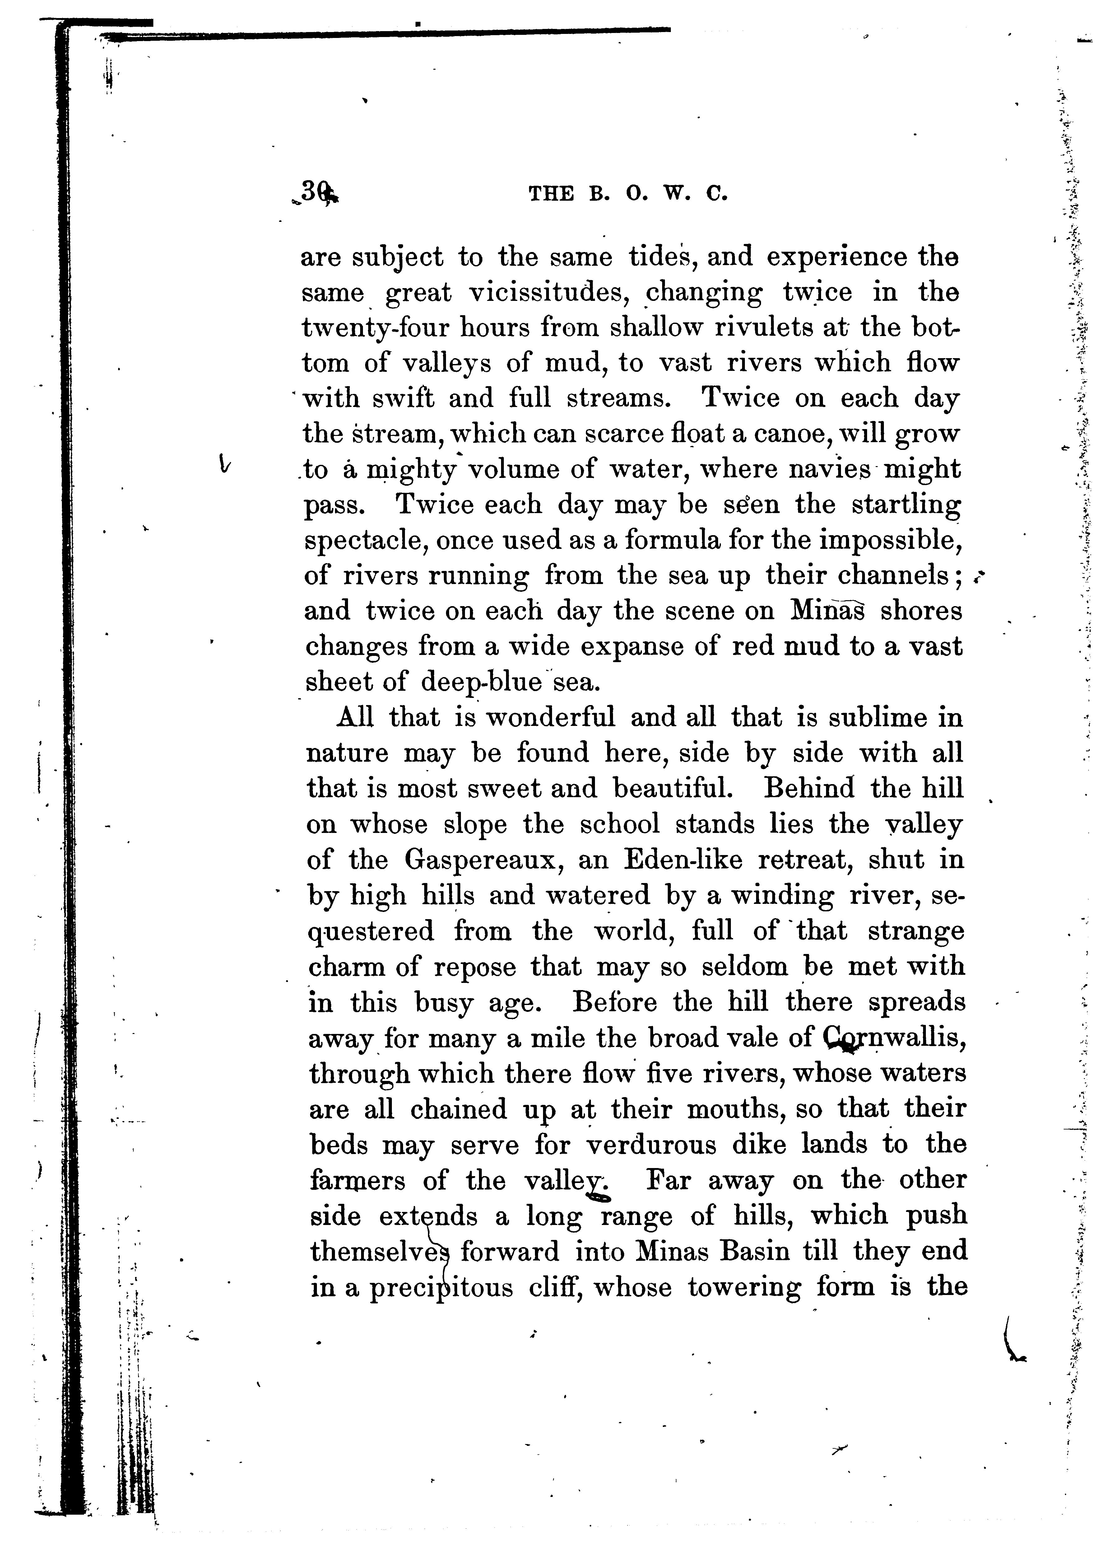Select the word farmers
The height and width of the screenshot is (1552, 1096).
point(358,1180)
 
